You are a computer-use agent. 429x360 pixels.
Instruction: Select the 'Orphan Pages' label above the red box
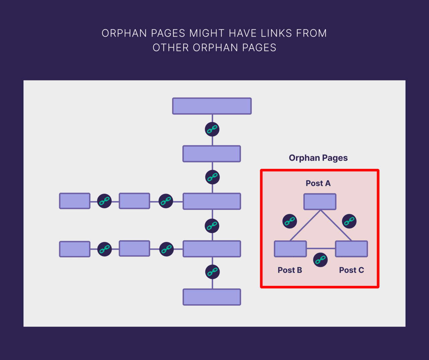318,158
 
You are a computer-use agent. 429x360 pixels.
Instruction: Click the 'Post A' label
318,183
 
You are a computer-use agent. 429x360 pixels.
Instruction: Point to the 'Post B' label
290,270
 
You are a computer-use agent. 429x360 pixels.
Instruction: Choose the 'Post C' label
351,270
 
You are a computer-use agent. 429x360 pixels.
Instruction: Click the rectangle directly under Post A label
320,202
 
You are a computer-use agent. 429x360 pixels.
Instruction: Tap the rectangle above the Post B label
290,249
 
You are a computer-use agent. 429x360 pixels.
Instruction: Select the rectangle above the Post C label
351,249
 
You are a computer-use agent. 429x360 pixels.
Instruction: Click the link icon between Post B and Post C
320,260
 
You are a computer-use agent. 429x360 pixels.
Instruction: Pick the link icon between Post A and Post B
290,221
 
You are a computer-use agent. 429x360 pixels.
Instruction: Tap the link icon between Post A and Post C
349,221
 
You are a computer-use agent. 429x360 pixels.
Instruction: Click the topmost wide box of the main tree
212,106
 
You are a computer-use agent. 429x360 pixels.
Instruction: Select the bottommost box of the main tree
212,297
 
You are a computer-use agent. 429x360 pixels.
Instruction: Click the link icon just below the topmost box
212,129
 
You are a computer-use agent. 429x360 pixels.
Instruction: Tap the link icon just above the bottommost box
212,272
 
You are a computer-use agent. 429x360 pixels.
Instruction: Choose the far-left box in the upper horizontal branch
75,201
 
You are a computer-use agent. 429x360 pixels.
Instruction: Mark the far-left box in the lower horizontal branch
75,249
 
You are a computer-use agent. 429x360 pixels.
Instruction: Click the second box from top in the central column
212,154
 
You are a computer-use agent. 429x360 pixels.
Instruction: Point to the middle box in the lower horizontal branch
134,248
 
